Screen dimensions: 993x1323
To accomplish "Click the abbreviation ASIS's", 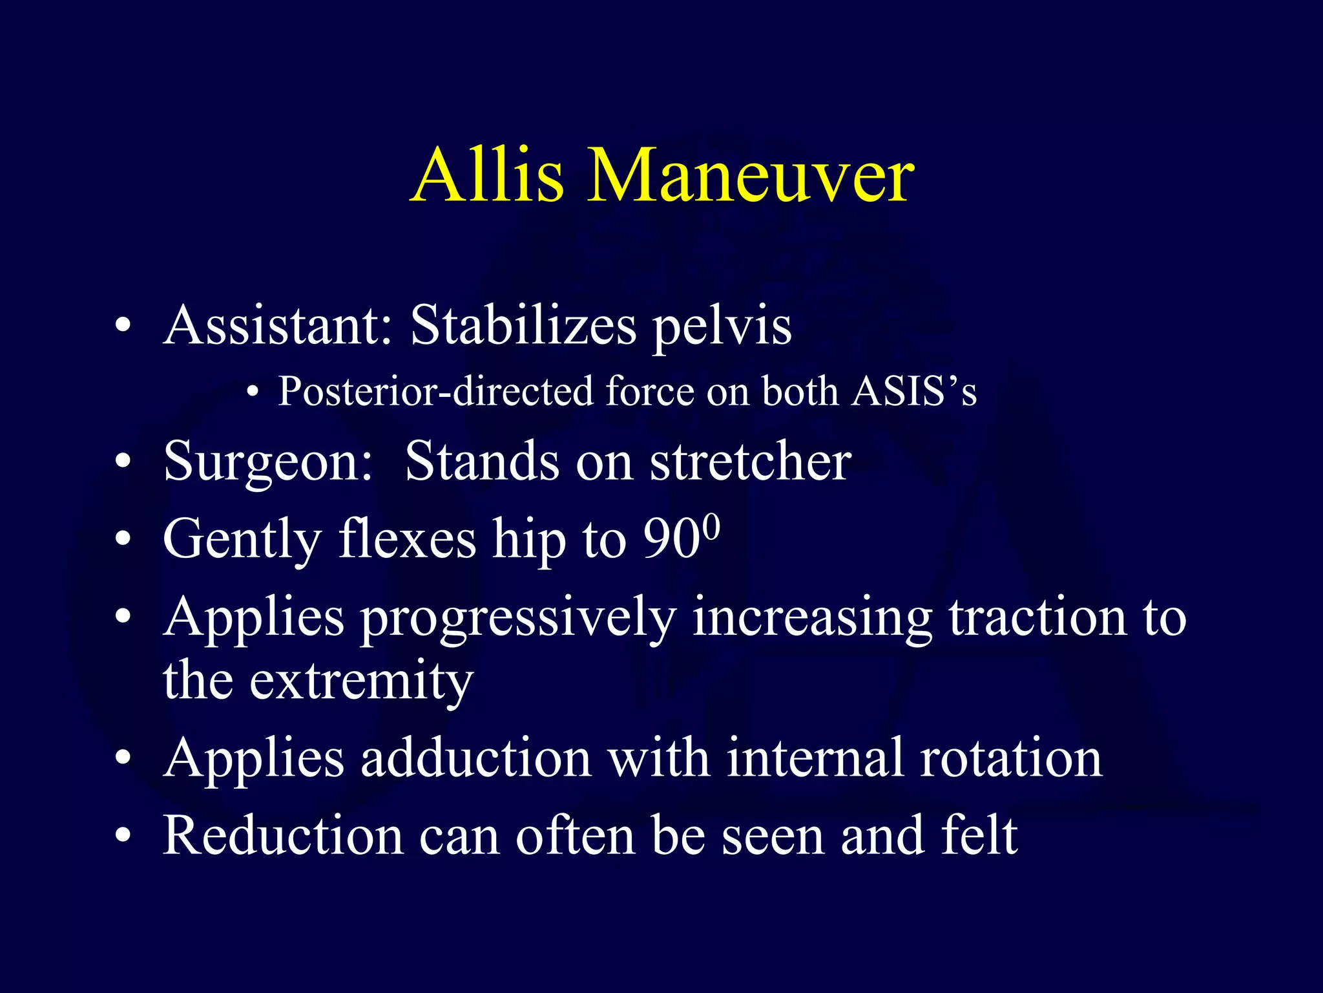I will coord(914,391).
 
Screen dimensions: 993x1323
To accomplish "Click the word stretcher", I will coord(750,462).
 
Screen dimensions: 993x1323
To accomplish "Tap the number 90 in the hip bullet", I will coord(672,539).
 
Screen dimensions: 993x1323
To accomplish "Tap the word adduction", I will coord(476,758).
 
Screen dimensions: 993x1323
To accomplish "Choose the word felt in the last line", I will coord(979,835).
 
